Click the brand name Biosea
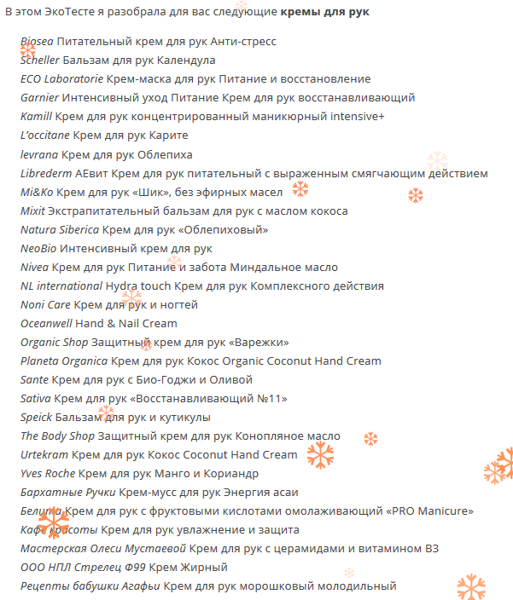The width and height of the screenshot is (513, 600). pos(36,42)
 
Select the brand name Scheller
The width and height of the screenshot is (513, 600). pos(40,61)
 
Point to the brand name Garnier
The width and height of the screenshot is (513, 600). pos(39,98)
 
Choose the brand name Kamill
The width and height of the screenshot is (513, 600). pos(36,117)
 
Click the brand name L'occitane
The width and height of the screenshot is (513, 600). pos(45,136)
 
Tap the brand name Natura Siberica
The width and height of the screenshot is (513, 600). pos(60,229)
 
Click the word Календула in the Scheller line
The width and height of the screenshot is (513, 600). pos(186,61)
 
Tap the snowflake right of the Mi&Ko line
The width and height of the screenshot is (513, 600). pos(300,189)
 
